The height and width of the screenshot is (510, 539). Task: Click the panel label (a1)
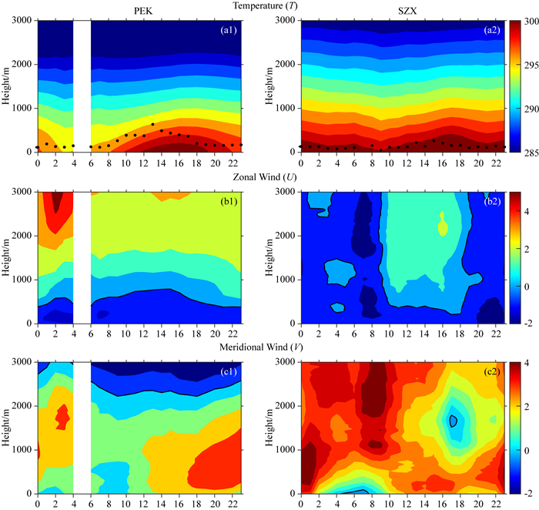229,30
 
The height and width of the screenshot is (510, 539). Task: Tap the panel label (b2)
492,202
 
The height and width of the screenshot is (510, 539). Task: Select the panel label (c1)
229,372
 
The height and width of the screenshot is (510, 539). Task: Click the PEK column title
143,11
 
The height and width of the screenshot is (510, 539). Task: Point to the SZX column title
407,11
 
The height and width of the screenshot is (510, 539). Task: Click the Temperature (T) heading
265,5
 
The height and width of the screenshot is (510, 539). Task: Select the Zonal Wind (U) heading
265,176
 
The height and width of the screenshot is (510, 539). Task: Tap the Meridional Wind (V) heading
261,347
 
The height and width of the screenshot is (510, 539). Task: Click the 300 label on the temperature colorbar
532,22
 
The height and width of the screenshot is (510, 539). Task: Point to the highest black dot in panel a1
152,124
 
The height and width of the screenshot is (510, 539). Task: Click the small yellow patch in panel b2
443,224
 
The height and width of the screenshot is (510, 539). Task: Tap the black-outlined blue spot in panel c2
453,421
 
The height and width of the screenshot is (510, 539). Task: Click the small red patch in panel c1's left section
62,417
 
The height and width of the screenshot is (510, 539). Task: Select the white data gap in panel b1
82,257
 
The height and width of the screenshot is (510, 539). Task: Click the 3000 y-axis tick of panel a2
286,20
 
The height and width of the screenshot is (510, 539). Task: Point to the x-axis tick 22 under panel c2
496,504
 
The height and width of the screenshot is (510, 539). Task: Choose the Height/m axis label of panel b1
6,257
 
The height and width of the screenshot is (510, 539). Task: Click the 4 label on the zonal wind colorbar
527,211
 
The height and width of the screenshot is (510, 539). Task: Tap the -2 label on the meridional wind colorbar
528,493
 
